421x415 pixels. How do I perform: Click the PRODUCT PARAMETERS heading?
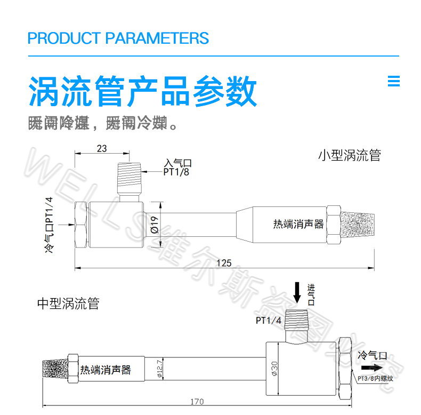(118, 38)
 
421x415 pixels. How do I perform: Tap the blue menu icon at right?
(393, 81)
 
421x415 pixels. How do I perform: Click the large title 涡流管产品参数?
(143, 92)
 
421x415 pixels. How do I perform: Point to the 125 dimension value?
(224, 262)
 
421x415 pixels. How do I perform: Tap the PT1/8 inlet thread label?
(176, 172)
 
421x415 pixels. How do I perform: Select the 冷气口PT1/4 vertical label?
(50, 225)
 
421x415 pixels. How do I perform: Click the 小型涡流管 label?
(350, 156)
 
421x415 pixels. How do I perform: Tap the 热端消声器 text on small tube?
(298, 224)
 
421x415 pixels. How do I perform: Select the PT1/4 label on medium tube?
(268, 321)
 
